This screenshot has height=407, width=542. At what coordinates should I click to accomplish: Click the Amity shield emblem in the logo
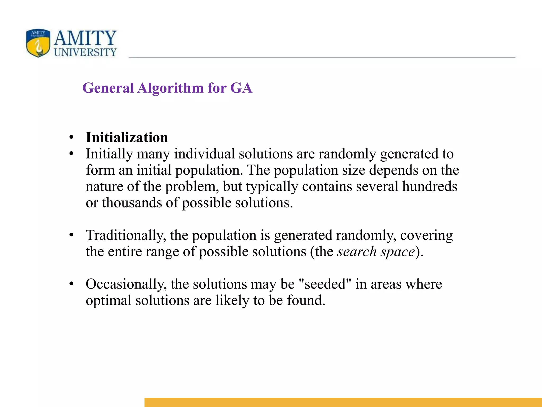tap(38, 43)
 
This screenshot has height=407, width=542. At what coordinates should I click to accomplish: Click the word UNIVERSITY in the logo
tap(85, 52)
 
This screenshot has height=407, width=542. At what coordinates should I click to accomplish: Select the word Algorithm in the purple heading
tap(171, 88)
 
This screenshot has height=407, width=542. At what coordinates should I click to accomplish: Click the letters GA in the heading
tap(241, 88)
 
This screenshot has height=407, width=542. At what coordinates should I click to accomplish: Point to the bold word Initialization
tap(127, 138)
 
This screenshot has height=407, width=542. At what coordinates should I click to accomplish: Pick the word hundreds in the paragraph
tap(430, 186)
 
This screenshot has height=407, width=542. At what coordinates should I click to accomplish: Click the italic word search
tap(357, 251)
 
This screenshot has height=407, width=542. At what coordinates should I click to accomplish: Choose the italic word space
tap(398, 252)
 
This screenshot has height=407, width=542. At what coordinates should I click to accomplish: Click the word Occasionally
tap(126, 284)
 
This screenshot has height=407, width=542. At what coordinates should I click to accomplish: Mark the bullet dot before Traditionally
tap(71, 235)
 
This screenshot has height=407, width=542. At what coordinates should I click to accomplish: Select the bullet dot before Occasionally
tap(71, 284)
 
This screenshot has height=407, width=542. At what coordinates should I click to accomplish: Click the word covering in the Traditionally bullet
tap(426, 235)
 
